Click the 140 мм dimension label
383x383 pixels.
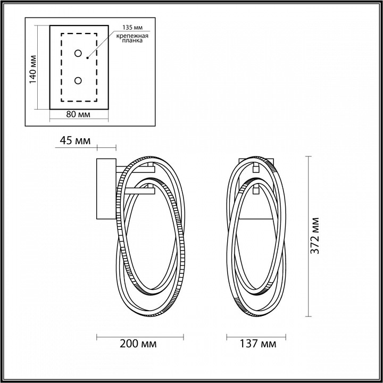click(x=32, y=69)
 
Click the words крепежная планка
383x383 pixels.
click(x=130, y=38)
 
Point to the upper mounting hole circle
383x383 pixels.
click(x=79, y=53)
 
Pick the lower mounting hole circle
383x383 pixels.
click(x=79, y=80)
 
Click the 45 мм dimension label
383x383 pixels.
click(x=74, y=140)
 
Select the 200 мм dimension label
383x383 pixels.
click(x=139, y=344)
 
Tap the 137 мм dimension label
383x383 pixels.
click(x=259, y=344)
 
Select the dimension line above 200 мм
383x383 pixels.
click(x=139, y=336)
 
